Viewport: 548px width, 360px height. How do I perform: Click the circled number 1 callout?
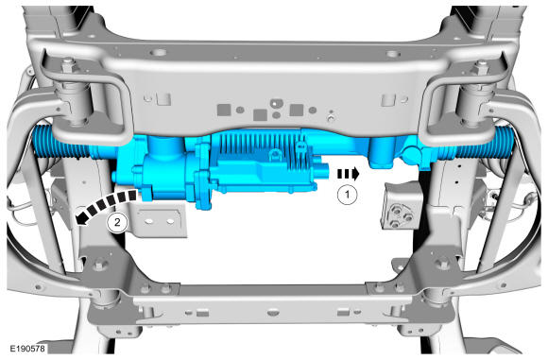[347, 195]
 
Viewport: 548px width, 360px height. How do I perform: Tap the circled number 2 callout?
[117, 222]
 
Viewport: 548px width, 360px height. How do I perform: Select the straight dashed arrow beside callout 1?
[348, 174]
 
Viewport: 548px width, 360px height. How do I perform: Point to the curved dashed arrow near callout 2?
[105, 206]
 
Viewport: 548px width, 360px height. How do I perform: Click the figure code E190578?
[27, 349]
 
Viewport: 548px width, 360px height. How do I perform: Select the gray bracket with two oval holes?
[159, 221]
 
